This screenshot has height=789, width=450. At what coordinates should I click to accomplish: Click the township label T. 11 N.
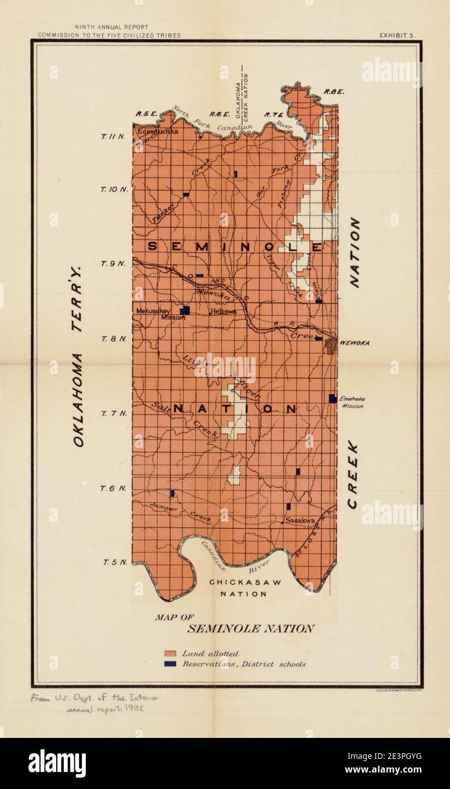pos(112,136)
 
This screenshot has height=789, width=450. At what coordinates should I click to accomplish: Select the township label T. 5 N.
pos(113,563)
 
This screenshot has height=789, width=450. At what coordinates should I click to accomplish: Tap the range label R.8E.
pos(331,92)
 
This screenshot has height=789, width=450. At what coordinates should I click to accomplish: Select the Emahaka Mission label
pos(352,402)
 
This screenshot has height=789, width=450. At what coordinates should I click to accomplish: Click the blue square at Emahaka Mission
pos(332,398)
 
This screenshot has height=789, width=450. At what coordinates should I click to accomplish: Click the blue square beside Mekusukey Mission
pos(185,310)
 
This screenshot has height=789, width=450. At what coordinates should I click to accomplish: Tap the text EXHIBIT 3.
pos(397,35)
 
